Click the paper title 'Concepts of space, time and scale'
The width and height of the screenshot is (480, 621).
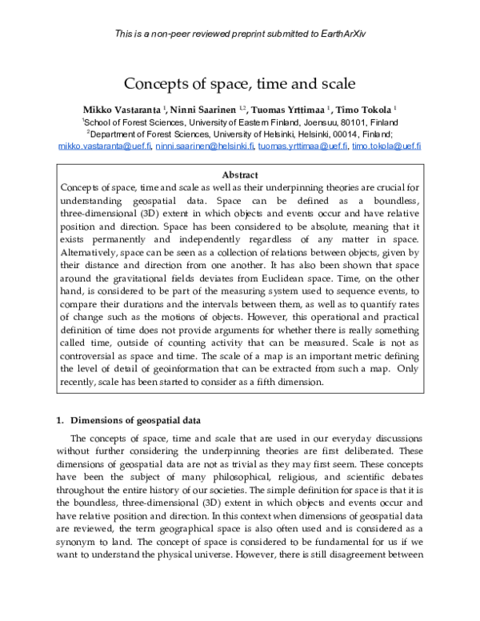pos(239,82)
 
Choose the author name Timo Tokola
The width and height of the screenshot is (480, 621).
pos(365,109)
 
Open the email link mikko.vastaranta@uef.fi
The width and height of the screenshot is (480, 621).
pos(104,146)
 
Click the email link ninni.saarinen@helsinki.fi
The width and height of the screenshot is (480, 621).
pos(205,146)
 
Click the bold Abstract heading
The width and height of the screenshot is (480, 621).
pos(240,174)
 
